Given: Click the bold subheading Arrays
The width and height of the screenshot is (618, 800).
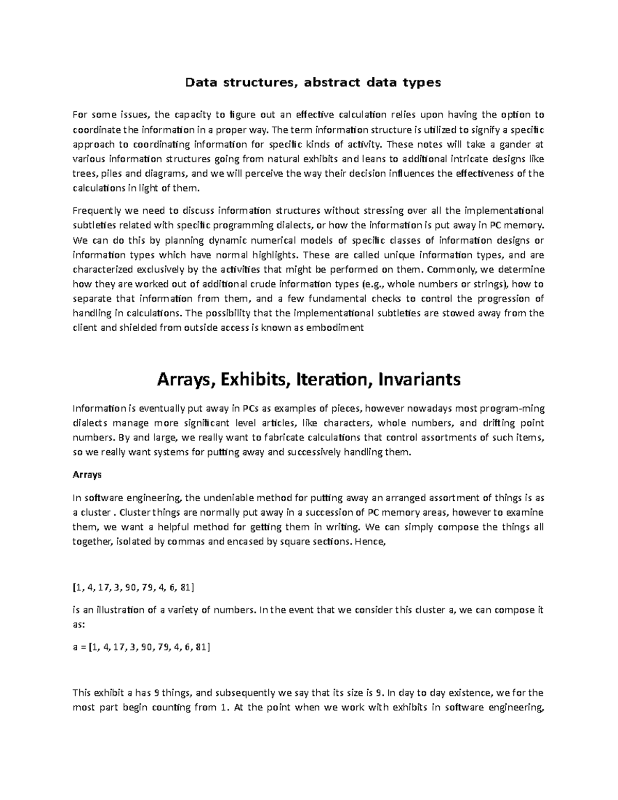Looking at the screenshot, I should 87,475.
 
